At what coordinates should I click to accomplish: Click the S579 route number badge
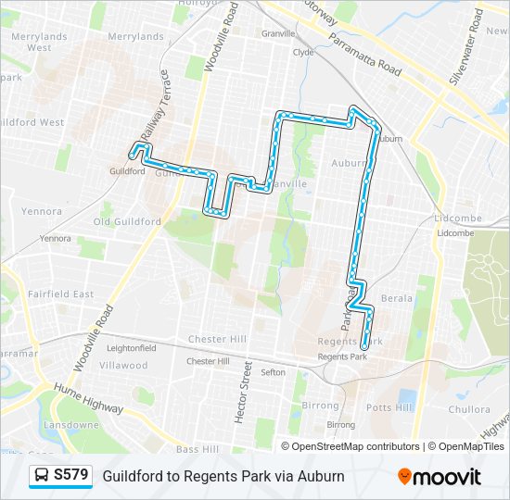(x=71, y=475)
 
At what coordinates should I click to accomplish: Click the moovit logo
(x=440, y=476)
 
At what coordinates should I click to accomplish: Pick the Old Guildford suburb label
(x=127, y=221)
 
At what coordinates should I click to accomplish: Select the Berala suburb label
(x=396, y=298)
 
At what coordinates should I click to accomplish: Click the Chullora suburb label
(x=468, y=409)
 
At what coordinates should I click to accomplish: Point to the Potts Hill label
(x=389, y=407)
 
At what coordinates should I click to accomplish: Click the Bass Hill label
(x=198, y=449)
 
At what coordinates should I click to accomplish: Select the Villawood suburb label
(x=123, y=365)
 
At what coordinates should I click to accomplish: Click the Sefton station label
(x=273, y=372)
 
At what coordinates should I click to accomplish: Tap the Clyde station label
(x=303, y=53)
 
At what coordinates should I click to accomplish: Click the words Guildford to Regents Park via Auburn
(x=223, y=476)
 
